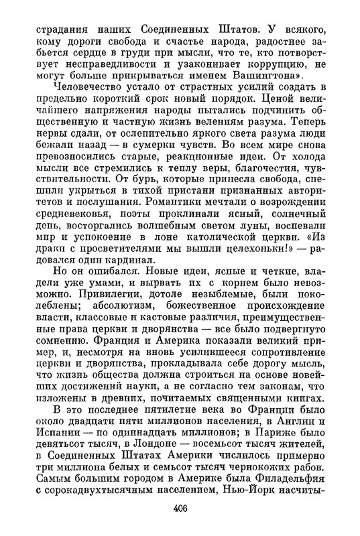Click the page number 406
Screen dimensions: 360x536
[180, 507]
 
